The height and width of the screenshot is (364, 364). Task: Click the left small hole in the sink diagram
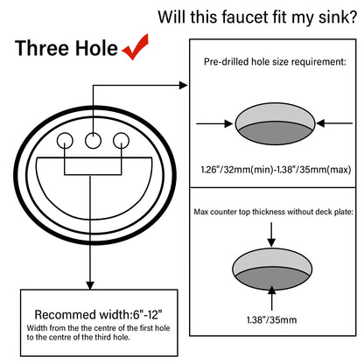[65, 140]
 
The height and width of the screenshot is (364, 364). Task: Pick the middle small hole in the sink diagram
[93, 137]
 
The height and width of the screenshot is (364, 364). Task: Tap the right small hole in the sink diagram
[121, 140]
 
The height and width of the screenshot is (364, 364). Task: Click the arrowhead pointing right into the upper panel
[183, 85]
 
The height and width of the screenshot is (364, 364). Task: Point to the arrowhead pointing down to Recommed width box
[87, 283]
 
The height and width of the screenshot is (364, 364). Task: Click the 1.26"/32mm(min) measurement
[235, 169]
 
